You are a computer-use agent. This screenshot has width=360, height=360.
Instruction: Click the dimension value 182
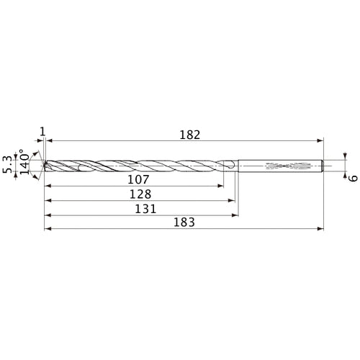pos(189,134)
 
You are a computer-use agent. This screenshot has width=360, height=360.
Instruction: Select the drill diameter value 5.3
pos(8,165)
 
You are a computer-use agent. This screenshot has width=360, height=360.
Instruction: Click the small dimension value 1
pos(43,131)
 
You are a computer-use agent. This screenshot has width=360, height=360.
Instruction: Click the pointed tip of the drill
pos(43,165)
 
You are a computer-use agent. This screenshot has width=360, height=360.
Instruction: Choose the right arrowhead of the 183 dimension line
pos(321,229)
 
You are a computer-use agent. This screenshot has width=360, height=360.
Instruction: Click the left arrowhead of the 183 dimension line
pos(48,229)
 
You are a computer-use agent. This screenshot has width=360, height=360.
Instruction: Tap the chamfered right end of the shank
pos(323,166)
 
